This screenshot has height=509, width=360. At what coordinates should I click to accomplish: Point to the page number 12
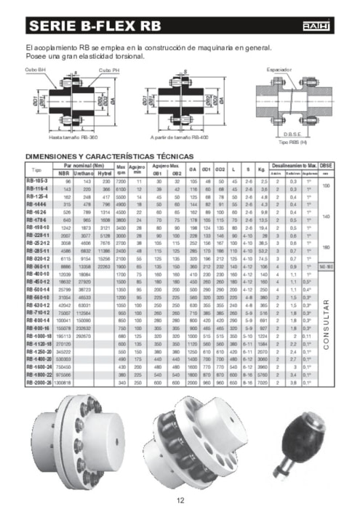(180, 500)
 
